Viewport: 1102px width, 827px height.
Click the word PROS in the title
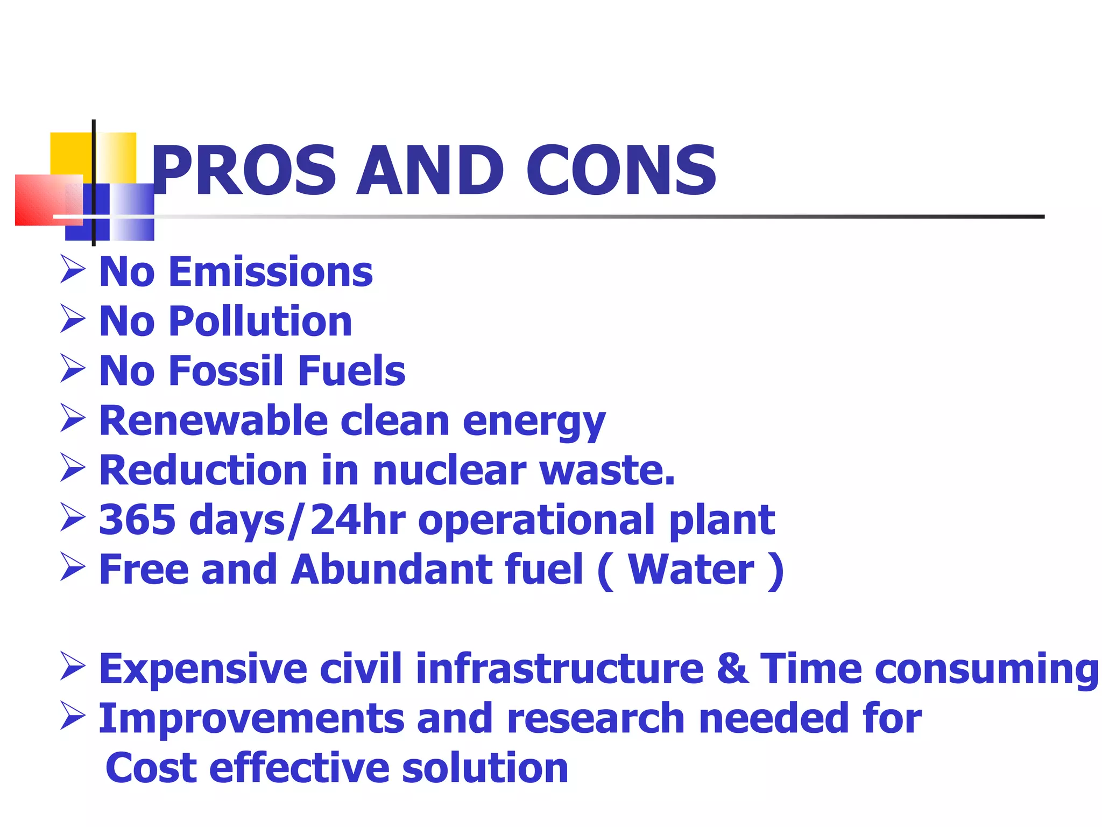pos(244,171)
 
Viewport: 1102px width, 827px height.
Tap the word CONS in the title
pos(621,171)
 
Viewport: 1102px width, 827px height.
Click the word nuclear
pos(449,470)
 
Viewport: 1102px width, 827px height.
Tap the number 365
pos(138,520)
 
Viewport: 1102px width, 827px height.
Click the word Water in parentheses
pos(691,570)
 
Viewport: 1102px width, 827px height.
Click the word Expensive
pos(203,669)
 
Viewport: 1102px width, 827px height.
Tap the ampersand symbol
pos(732,669)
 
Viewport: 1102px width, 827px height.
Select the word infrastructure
pos(560,669)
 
